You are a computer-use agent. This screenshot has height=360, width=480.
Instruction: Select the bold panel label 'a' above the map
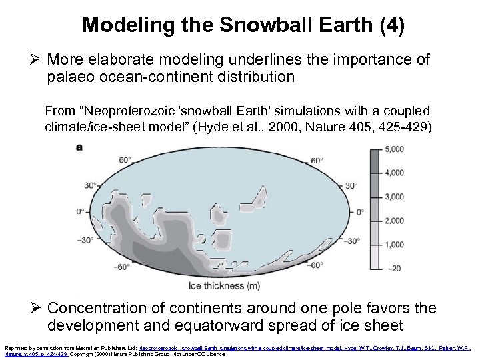[x=80, y=147]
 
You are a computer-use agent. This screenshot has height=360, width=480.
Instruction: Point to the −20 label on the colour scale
[x=393, y=269]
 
